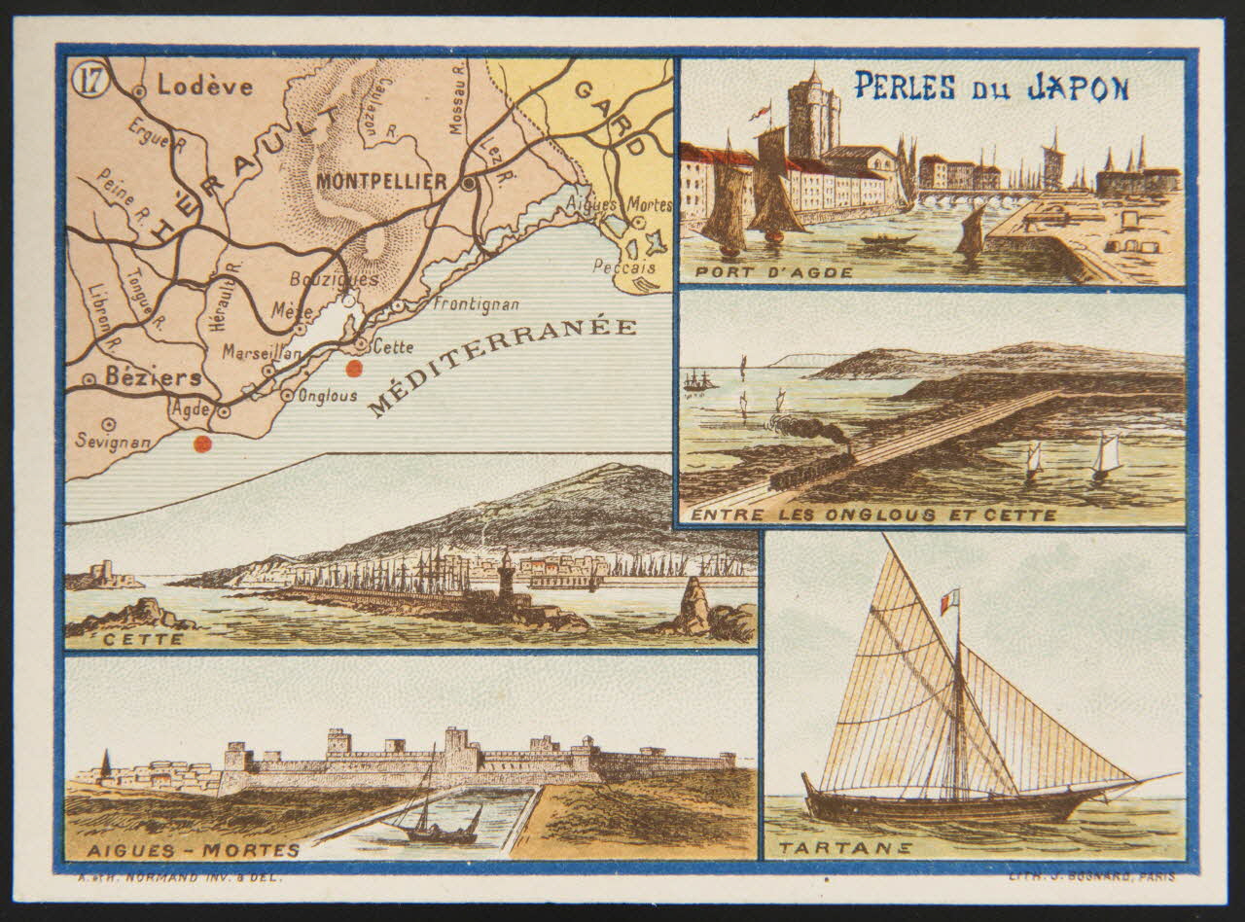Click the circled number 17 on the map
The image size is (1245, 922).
(x=86, y=82)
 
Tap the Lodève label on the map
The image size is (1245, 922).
(x=204, y=87)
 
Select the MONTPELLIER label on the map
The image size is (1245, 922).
(x=380, y=181)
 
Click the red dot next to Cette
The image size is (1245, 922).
(x=354, y=368)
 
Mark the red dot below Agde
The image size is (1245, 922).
(x=202, y=443)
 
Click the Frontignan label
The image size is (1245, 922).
(x=477, y=304)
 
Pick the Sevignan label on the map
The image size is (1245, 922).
(x=113, y=442)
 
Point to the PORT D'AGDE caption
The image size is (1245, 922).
(x=768, y=272)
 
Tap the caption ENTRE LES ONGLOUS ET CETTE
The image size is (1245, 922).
(x=872, y=514)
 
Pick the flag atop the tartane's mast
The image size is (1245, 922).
(x=949, y=601)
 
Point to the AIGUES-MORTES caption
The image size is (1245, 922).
(x=193, y=850)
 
